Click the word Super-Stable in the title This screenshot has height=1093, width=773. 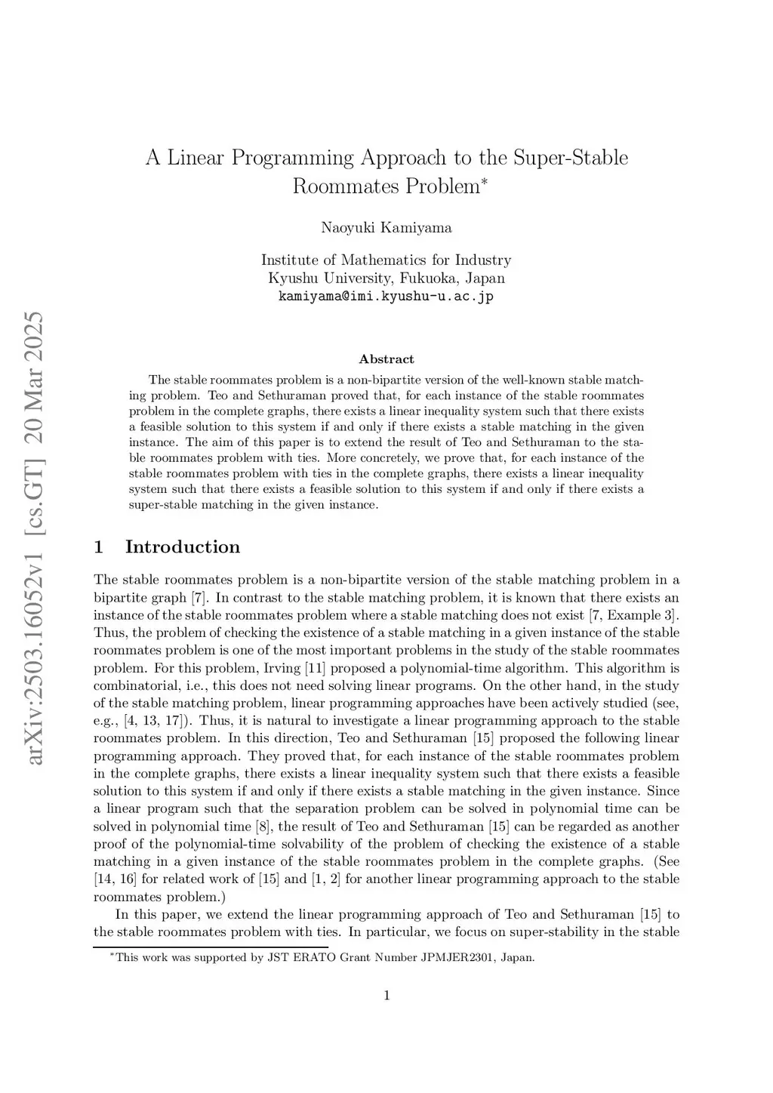pos(570,158)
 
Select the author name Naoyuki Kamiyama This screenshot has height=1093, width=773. pos(386,227)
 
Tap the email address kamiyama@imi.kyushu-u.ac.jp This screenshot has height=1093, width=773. pos(386,296)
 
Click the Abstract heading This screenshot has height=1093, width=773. pos(386,359)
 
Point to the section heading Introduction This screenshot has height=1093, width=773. pos(183,547)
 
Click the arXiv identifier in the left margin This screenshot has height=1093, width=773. pos(35,537)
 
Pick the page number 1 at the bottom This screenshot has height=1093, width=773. pos(386,996)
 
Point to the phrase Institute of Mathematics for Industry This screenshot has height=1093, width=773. pos(386,260)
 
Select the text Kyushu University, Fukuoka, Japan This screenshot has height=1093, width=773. pos(386,278)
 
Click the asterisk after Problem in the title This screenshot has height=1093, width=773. pos(485,182)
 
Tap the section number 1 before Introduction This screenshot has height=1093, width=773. pos(98,547)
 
